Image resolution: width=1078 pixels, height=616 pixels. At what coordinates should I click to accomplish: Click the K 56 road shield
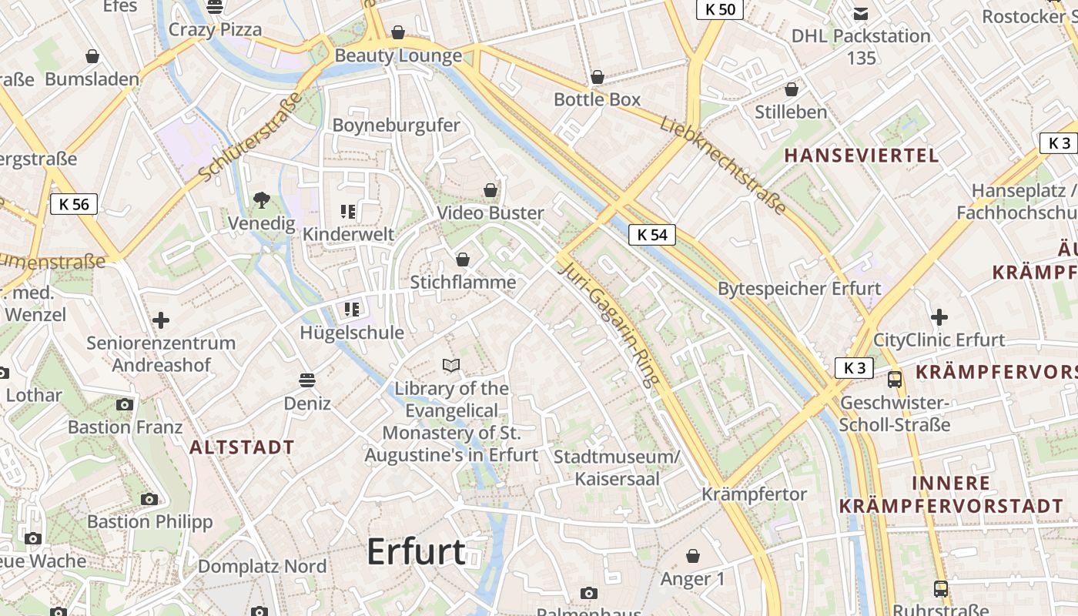pos(74,204)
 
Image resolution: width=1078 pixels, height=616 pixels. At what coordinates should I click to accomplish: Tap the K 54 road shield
pos(652,235)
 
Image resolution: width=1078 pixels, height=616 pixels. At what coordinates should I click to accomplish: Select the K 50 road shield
pos(720,9)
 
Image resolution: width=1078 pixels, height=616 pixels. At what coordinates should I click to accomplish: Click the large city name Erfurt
pos(416,551)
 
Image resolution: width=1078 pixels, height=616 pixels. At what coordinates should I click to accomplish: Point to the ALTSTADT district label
pos(242,447)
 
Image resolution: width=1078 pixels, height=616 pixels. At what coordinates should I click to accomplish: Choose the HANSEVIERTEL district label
pos(862,156)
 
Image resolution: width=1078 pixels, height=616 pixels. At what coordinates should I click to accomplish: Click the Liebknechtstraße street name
pos(723,165)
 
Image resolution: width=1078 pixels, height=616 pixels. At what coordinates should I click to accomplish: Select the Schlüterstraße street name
pos(249,137)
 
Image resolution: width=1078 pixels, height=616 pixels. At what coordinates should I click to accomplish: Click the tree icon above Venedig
pos(262,200)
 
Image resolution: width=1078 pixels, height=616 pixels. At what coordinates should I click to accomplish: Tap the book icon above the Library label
pos(451,365)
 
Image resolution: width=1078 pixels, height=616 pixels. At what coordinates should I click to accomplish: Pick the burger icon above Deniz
pos(307,380)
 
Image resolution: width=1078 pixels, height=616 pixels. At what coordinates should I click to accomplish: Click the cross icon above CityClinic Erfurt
pos(939,316)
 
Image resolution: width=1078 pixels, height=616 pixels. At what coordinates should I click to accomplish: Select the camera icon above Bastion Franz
pos(125,404)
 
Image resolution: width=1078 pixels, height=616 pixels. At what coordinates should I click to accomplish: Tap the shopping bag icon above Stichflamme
pos(463,259)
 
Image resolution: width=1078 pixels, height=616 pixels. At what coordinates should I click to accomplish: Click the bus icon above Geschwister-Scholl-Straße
pos(895,379)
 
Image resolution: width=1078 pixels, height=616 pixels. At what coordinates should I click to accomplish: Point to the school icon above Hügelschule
pos(352,310)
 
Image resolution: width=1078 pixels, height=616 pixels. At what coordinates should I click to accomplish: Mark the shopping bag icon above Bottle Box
pos(597,77)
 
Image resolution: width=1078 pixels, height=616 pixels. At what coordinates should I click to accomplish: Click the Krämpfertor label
pos(754,494)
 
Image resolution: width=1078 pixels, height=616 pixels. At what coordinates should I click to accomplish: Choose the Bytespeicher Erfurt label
pos(799,289)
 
